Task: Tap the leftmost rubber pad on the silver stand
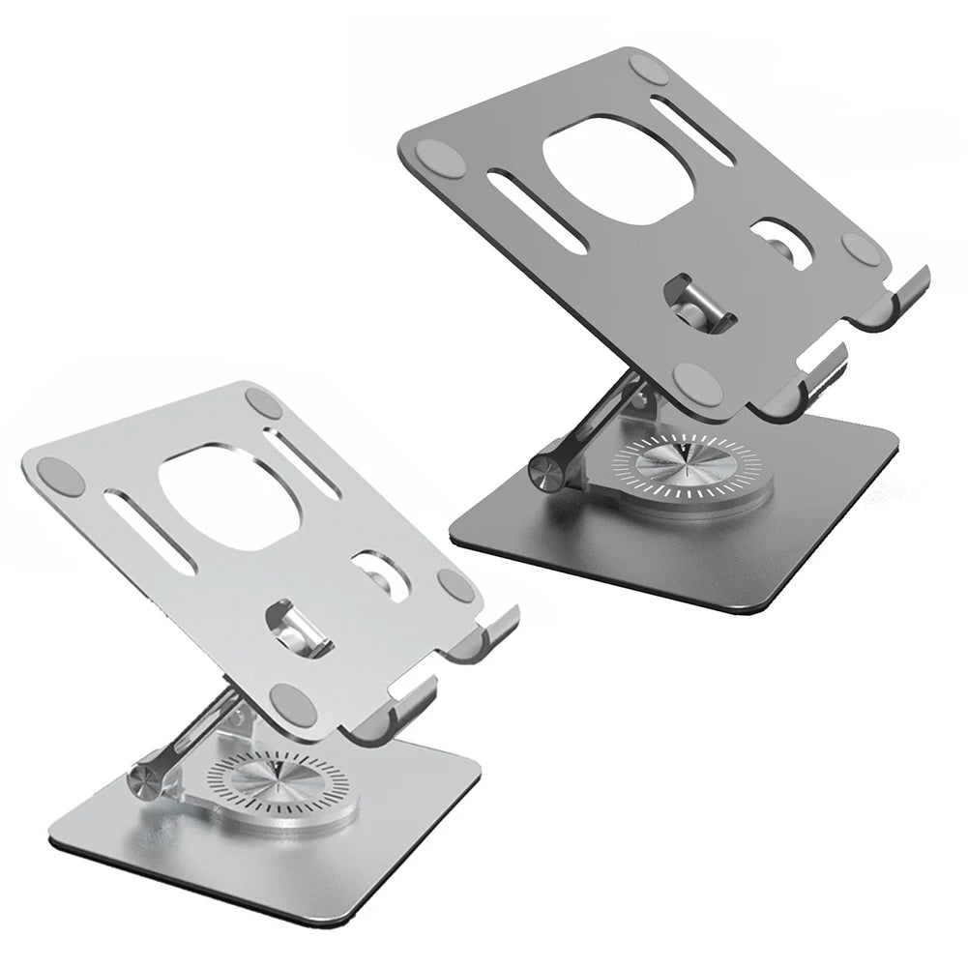pos(56,475)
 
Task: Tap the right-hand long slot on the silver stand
pos(302,462)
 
